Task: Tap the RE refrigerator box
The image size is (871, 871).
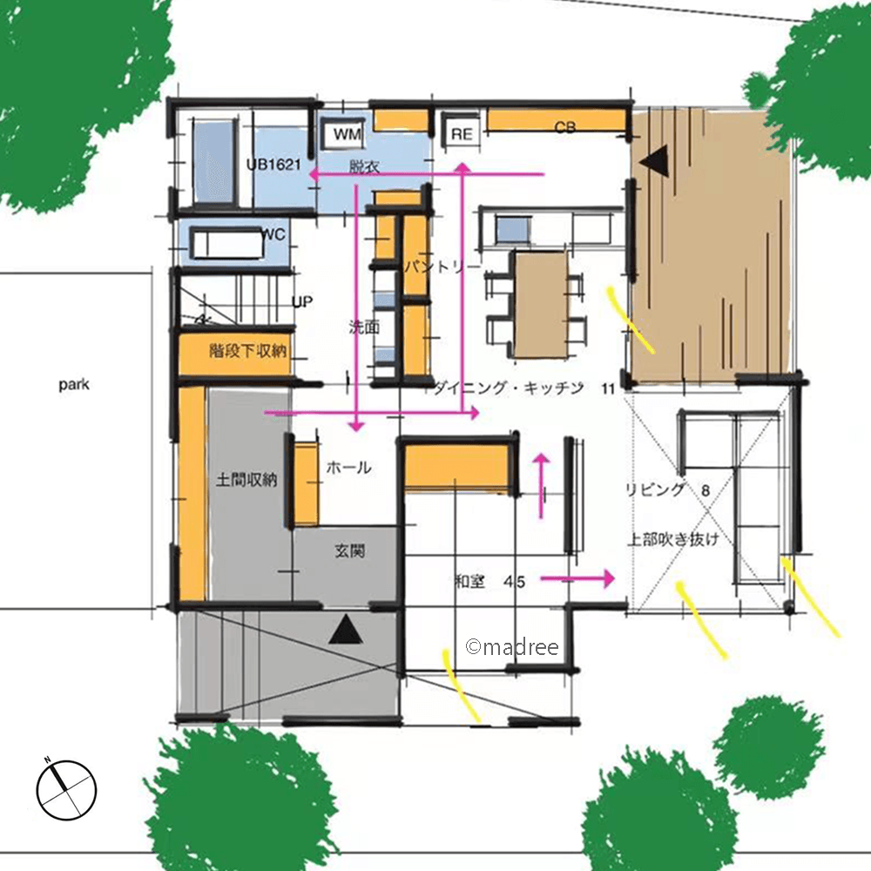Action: pos(463,134)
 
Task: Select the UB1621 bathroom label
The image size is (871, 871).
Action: pos(273,165)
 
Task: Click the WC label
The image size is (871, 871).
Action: pos(273,234)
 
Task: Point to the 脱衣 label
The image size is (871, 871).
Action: pos(364,166)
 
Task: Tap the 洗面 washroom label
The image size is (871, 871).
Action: pos(364,327)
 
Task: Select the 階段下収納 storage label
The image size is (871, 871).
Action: pos(248,350)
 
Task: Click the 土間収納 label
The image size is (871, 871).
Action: pos(246,479)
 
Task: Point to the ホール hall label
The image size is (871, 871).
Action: pos(349,468)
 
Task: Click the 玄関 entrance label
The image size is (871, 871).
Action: pos(350,550)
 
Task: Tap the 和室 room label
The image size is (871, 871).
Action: pos(470,582)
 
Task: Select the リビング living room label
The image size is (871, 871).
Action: pos(656,490)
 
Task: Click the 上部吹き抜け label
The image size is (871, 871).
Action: pos(673,539)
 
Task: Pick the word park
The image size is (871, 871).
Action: pos(74,384)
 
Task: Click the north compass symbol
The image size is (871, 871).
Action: pos(67,789)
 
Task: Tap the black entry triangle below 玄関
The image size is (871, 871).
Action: pos(346,630)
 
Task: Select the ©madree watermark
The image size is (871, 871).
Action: pos(512,646)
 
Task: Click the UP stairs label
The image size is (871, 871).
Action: pos(303,301)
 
